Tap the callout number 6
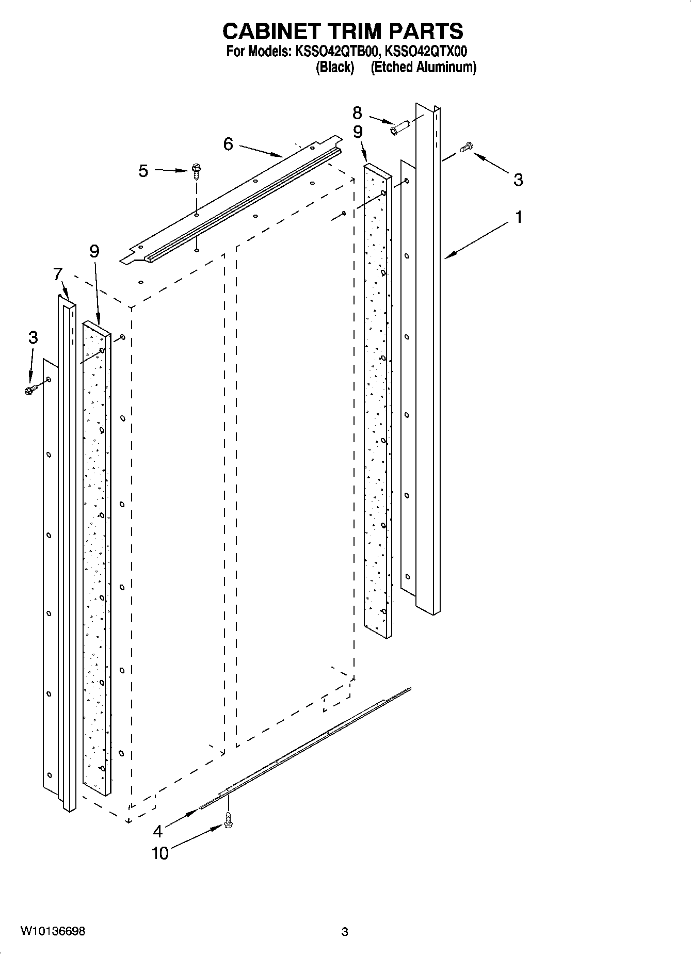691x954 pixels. [x=228, y=144]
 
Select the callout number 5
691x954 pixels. [x=143, y=171]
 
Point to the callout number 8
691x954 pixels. [x=357, y=113]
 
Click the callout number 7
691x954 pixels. [x=58, y=274]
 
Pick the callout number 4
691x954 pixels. [x=158, y=831]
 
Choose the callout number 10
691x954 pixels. [x=160, y=853]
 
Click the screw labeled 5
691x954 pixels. [x=196, y=170]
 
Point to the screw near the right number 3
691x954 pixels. [x=466, y=147]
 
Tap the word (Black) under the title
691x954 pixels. [x=335, y=67]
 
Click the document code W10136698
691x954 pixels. [x=53, y=931]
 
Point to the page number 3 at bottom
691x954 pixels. [x=345, y=932]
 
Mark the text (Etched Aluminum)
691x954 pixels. [x=423, y=67]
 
